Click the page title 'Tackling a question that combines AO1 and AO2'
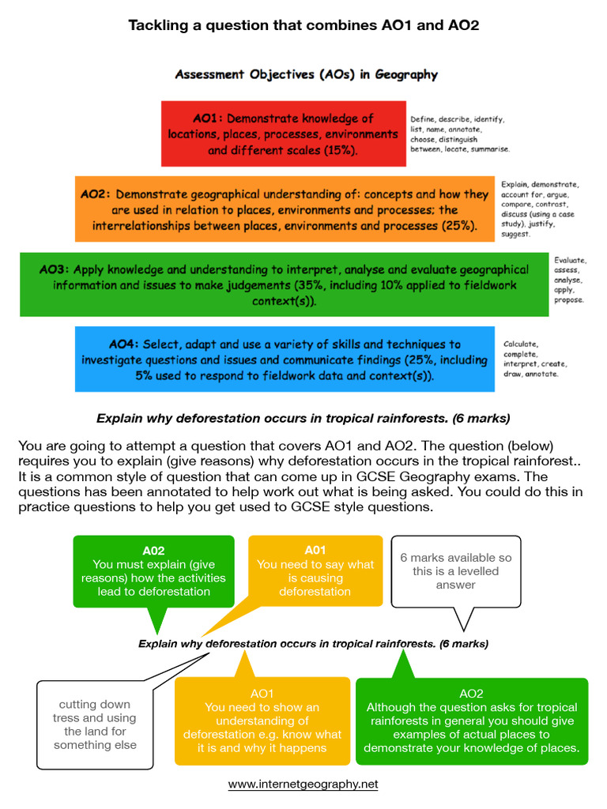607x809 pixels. click(303, 26)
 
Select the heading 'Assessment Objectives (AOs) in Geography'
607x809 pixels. click(306, 75)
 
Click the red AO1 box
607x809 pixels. click(283, 134)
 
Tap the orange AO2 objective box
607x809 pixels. click(285, 209)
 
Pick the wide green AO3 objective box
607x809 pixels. click(285, 285)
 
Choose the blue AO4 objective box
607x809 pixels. click(285, 359)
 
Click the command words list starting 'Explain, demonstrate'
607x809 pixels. click(541, 209)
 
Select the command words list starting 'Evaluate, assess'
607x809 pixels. click(570, 280)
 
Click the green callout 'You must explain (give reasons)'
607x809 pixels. click(153, 571)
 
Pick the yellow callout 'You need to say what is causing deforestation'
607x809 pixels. click(315, 571)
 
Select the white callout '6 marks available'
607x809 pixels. click(455, 571)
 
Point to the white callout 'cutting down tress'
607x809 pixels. click(94, 724)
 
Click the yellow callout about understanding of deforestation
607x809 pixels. click(262, 721)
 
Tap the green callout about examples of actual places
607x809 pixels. click(471, 721)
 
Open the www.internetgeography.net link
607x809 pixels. click(303, 785)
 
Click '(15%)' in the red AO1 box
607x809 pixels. click(341, 149)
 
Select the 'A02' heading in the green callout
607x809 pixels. click(153, 551)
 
